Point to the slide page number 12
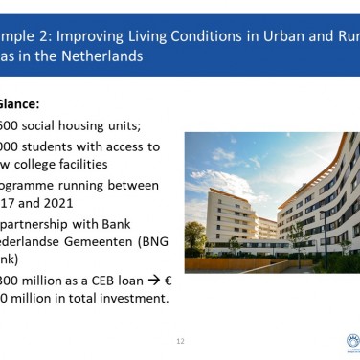point(180,341)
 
